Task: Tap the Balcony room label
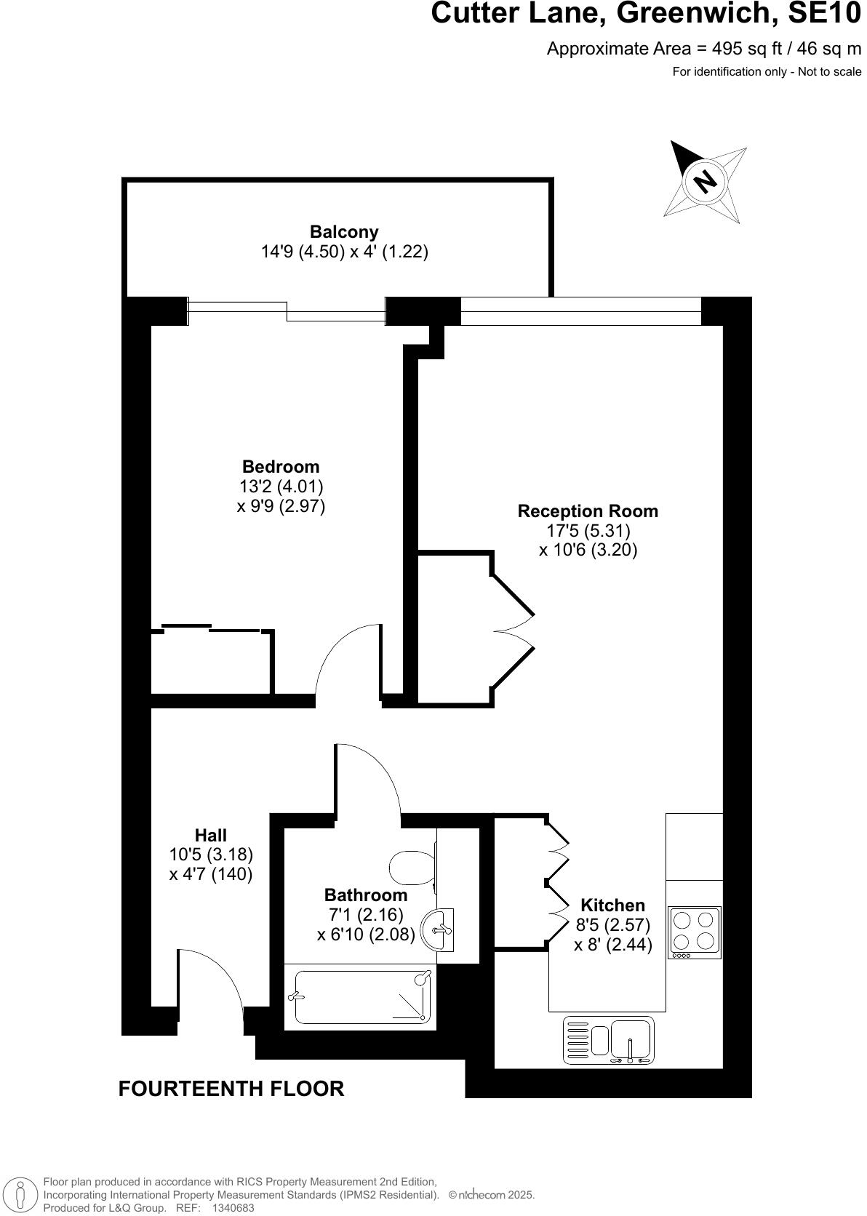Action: pos(344,232)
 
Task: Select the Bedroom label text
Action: pos(281,467)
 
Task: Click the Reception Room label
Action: pos(588,511)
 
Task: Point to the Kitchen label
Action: pos(612,905)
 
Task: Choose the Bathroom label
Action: pos(366,895)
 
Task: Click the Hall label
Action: pos(211,836)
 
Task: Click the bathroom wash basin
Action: pos(441,929)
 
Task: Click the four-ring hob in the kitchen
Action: pos(695,932)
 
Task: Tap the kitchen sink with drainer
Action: pos(610,1040)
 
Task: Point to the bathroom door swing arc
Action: pos(375,775)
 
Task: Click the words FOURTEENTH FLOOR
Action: pos(231,1089)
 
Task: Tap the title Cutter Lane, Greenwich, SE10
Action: pos(646,14)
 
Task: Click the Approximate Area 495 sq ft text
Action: pos(703,49)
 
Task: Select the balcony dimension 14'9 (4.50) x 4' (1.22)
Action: pos(344,252)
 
